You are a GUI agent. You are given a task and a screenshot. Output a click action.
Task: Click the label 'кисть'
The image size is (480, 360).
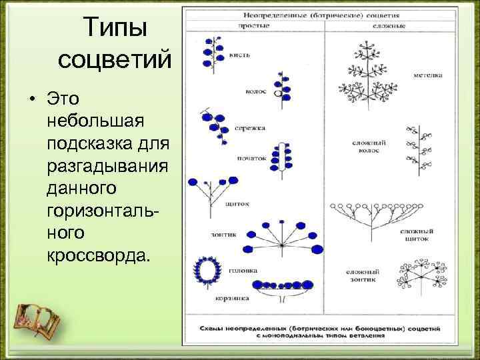[x=237, y=55]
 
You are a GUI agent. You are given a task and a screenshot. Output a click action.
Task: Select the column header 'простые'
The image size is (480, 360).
[x=254, y=25]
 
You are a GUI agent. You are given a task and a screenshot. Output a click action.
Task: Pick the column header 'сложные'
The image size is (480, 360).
[x=393, y=25]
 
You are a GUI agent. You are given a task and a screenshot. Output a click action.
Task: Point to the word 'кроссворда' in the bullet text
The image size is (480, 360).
[x=100, y=256]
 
